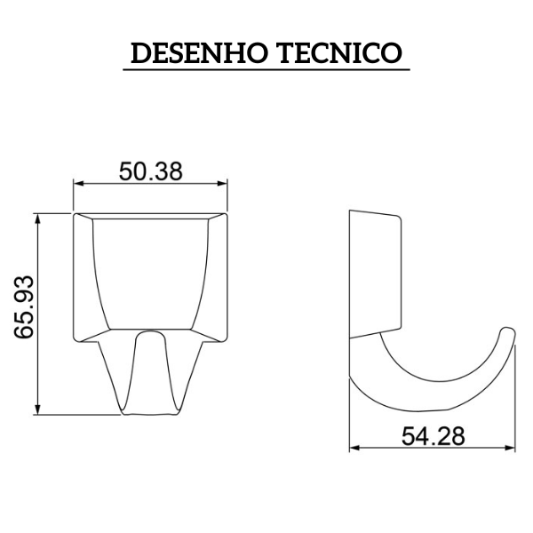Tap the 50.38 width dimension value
tap(151, 171)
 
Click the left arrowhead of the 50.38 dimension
tap(78, 185)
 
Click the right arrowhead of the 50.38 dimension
tap(223, 185)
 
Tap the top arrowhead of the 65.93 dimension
tap(37, 218)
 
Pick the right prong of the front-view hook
tap(182, 373)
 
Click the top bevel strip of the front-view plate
tap(151, 214)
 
